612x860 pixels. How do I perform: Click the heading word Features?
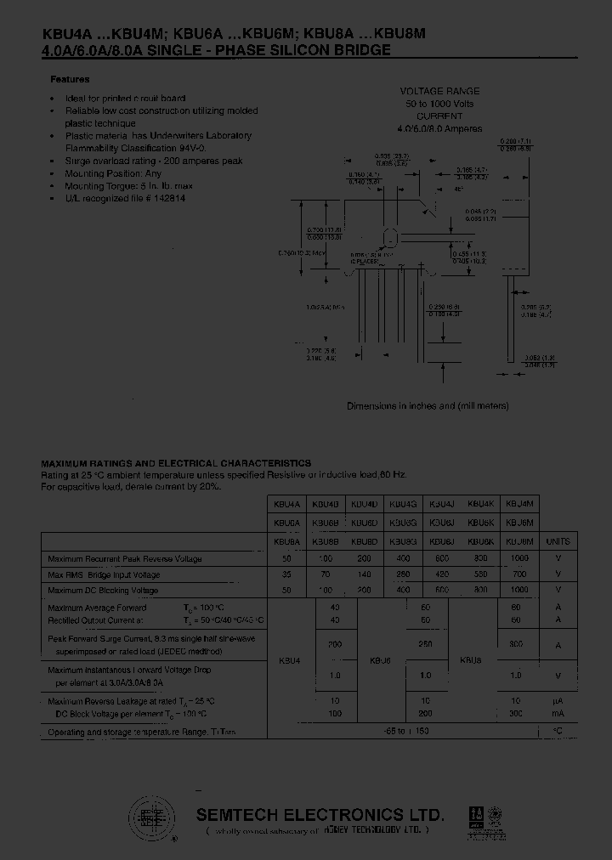[x=70, y=79]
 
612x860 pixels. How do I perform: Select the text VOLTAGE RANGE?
[x=439, y=91]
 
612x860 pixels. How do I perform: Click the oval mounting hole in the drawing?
[x=390, y=237]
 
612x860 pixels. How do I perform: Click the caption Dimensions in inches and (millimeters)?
[x=428, y=406]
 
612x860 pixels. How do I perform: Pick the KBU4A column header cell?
[x=286, y=503]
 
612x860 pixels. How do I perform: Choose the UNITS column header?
[x=558, y=540]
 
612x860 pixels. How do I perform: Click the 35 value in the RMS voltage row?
[x=286, y=574]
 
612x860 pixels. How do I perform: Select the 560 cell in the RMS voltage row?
[x=480, y=574]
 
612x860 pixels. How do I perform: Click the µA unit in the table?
[x=558, y=701]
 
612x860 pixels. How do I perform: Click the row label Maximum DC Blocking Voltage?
[x=103, y=590]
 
